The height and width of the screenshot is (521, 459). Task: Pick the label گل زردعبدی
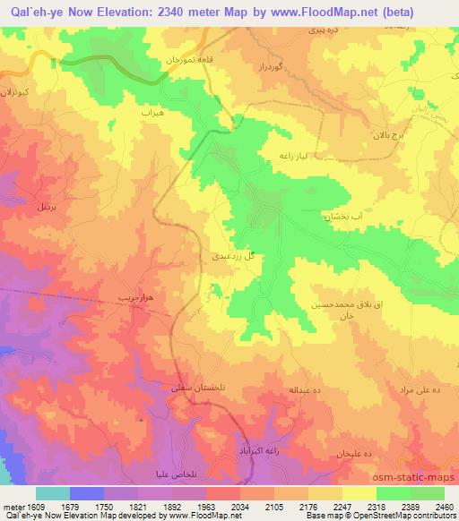[x=238, y=256]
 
